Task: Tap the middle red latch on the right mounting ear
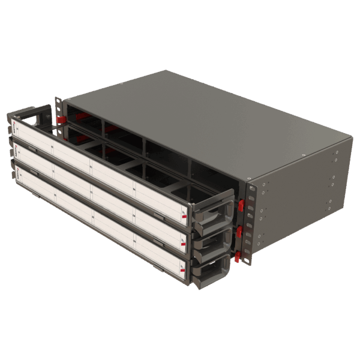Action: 239,231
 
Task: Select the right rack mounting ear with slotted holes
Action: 247,225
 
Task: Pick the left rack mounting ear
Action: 58,111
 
